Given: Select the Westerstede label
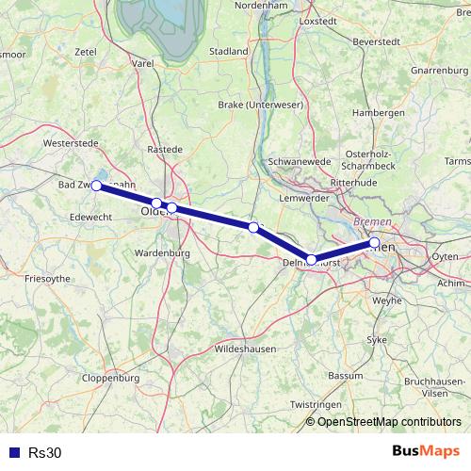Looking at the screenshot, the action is pyautogui.click(x=71, y=143).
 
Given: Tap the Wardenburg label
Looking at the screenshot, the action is pyautogui.click(x=164, y=253).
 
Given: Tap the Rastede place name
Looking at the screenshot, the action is pyautogui.click(x=165, y=148).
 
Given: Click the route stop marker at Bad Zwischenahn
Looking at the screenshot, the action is pyautogui.click(x=96, y=186).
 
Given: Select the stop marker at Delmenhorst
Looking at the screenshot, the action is pyautogui.click(x=312, y=259).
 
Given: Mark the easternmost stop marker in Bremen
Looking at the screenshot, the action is pyautogui.click(x=375, y=243).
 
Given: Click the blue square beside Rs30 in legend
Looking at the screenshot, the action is pyautogui.click(x=14, y=452).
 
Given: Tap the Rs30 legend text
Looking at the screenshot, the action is pyautogui.click(x=44, y=452).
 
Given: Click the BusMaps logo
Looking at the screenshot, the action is pyautogui.click(x=426, y=451).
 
